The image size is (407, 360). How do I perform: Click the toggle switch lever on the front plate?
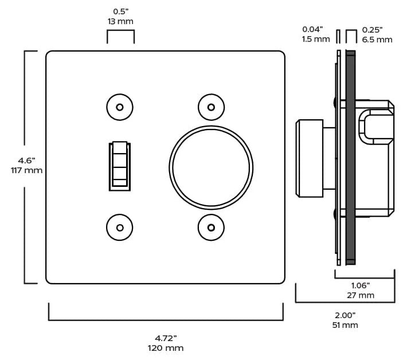(x=120, y=166)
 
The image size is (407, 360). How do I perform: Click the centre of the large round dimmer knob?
(x=211, y=167)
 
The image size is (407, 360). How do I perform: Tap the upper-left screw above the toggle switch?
(x=120, y=107)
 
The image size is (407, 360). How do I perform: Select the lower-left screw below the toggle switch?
(x=120, y=228)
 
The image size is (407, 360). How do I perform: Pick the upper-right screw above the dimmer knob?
(x=211, y=107)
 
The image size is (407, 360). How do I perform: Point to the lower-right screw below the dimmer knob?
(x=211, y=228)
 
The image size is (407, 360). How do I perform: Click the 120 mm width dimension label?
(x=166, y=348)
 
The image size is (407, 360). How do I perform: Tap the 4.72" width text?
(x=166, y=338)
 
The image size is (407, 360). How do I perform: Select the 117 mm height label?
(x=26, y=170)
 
